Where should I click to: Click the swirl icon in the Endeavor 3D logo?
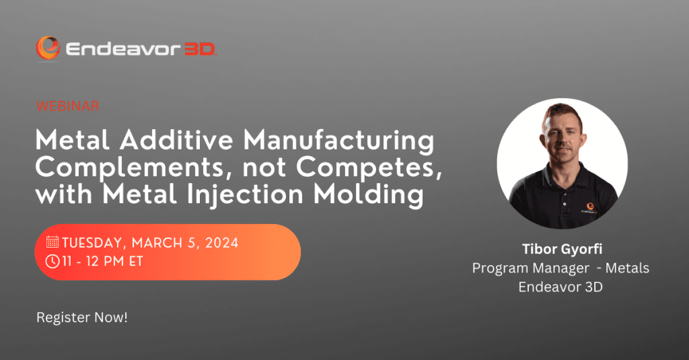[48, 48]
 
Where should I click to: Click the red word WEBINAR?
[68, 106]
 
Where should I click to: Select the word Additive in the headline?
[177, 140]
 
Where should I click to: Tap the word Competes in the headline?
[369, 168]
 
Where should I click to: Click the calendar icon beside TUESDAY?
[52, 242]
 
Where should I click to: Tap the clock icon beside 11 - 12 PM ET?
[52, 261]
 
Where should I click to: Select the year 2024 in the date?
[221, 243]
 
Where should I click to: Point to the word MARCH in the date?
[157, 243]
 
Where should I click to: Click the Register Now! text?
[82, 318]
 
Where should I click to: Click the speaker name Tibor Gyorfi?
[562, 249]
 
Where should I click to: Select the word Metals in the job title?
[627, 268]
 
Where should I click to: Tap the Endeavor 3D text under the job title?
[560, 287]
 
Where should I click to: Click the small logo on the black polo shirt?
[589, 207]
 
